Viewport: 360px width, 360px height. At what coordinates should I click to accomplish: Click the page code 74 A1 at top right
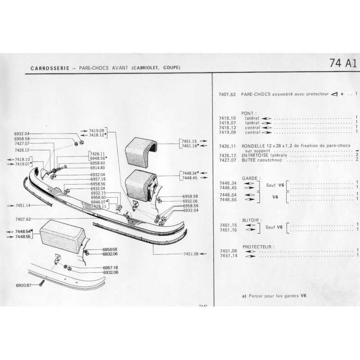tap(343, 63)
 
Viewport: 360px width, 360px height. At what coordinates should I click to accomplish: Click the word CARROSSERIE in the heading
tap(50, 68)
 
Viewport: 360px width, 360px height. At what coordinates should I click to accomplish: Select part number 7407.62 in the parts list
tap(227, 94)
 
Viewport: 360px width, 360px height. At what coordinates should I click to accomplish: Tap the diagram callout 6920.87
tap(23, 285)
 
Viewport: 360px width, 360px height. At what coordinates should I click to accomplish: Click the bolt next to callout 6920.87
tap(41, 283)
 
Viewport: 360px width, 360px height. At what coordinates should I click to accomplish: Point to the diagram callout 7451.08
tap(191, 254)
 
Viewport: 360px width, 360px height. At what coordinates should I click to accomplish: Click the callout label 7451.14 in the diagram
tap(23, 206)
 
